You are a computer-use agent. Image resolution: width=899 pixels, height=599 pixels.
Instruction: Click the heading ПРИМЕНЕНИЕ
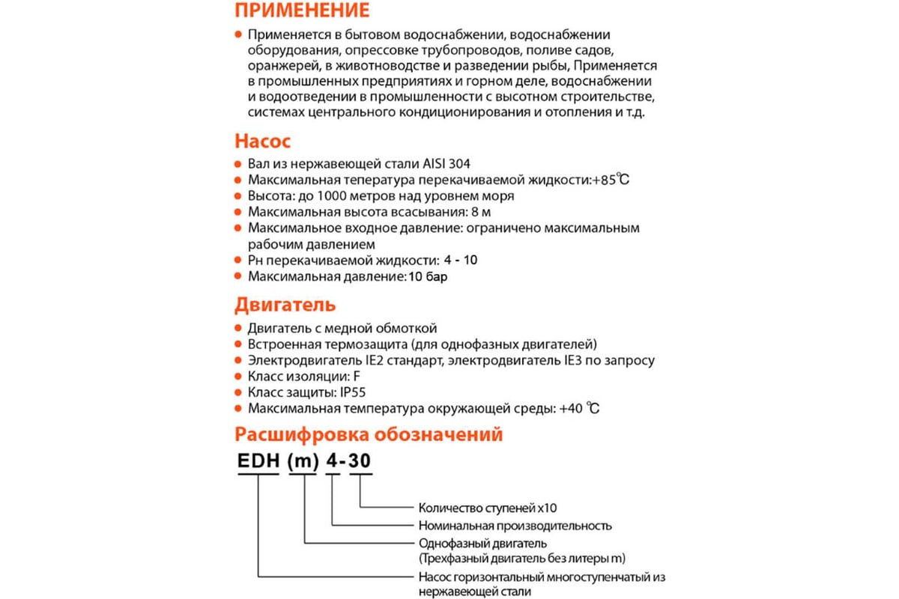point(303,11)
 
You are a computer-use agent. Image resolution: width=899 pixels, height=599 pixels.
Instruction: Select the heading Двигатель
point(285,305)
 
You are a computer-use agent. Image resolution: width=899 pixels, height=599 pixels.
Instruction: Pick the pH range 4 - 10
point(460,261)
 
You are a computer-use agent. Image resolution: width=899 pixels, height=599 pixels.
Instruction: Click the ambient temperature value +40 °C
point(579,409)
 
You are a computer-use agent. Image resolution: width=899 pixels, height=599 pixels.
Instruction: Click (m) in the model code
point(303,463)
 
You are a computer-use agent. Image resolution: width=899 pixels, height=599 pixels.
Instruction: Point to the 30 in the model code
point(360,463)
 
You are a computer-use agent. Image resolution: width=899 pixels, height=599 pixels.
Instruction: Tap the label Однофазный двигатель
point(483,543)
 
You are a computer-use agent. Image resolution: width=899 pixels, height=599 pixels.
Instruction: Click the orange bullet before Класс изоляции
point(237,377)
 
